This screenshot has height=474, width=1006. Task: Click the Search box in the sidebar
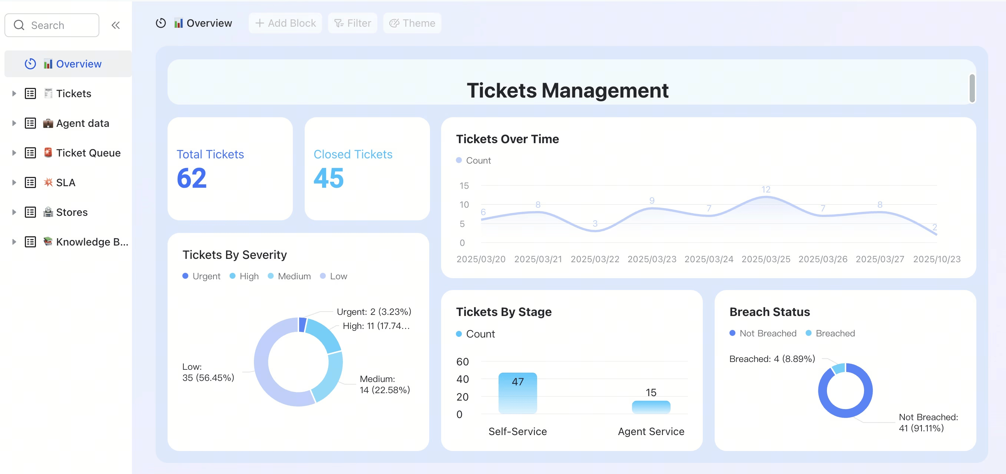pos(52,25)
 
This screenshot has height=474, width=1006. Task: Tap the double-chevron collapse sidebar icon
pos(116,25)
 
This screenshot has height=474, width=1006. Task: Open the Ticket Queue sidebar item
pos(88,153)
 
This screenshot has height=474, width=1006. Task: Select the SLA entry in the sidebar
pos(66,182)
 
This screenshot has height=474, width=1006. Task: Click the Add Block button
pos(285,23)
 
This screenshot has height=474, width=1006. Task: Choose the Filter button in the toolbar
pos(353,23)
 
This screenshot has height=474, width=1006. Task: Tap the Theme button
pos(413,23)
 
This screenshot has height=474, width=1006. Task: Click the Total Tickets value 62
pos(192,178)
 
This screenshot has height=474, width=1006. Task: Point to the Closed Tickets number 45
pos(329,178)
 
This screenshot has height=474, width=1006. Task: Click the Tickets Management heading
pos(568,90)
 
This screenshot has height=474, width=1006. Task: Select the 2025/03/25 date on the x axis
pos(766,259)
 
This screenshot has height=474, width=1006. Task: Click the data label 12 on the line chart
pos(766,190)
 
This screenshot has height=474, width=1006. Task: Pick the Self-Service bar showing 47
pos(518,393)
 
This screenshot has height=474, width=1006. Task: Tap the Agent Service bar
pos(651,407)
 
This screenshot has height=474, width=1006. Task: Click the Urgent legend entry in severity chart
pos(202,276)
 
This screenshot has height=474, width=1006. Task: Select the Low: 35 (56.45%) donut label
pos(208,372)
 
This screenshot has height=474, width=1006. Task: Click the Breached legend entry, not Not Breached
pos(831,333)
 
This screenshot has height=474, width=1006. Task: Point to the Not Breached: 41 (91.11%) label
pos(928,423)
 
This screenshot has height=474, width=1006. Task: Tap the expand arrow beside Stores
pos(14,212)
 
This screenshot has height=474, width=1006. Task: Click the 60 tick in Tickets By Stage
pos(462,362)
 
